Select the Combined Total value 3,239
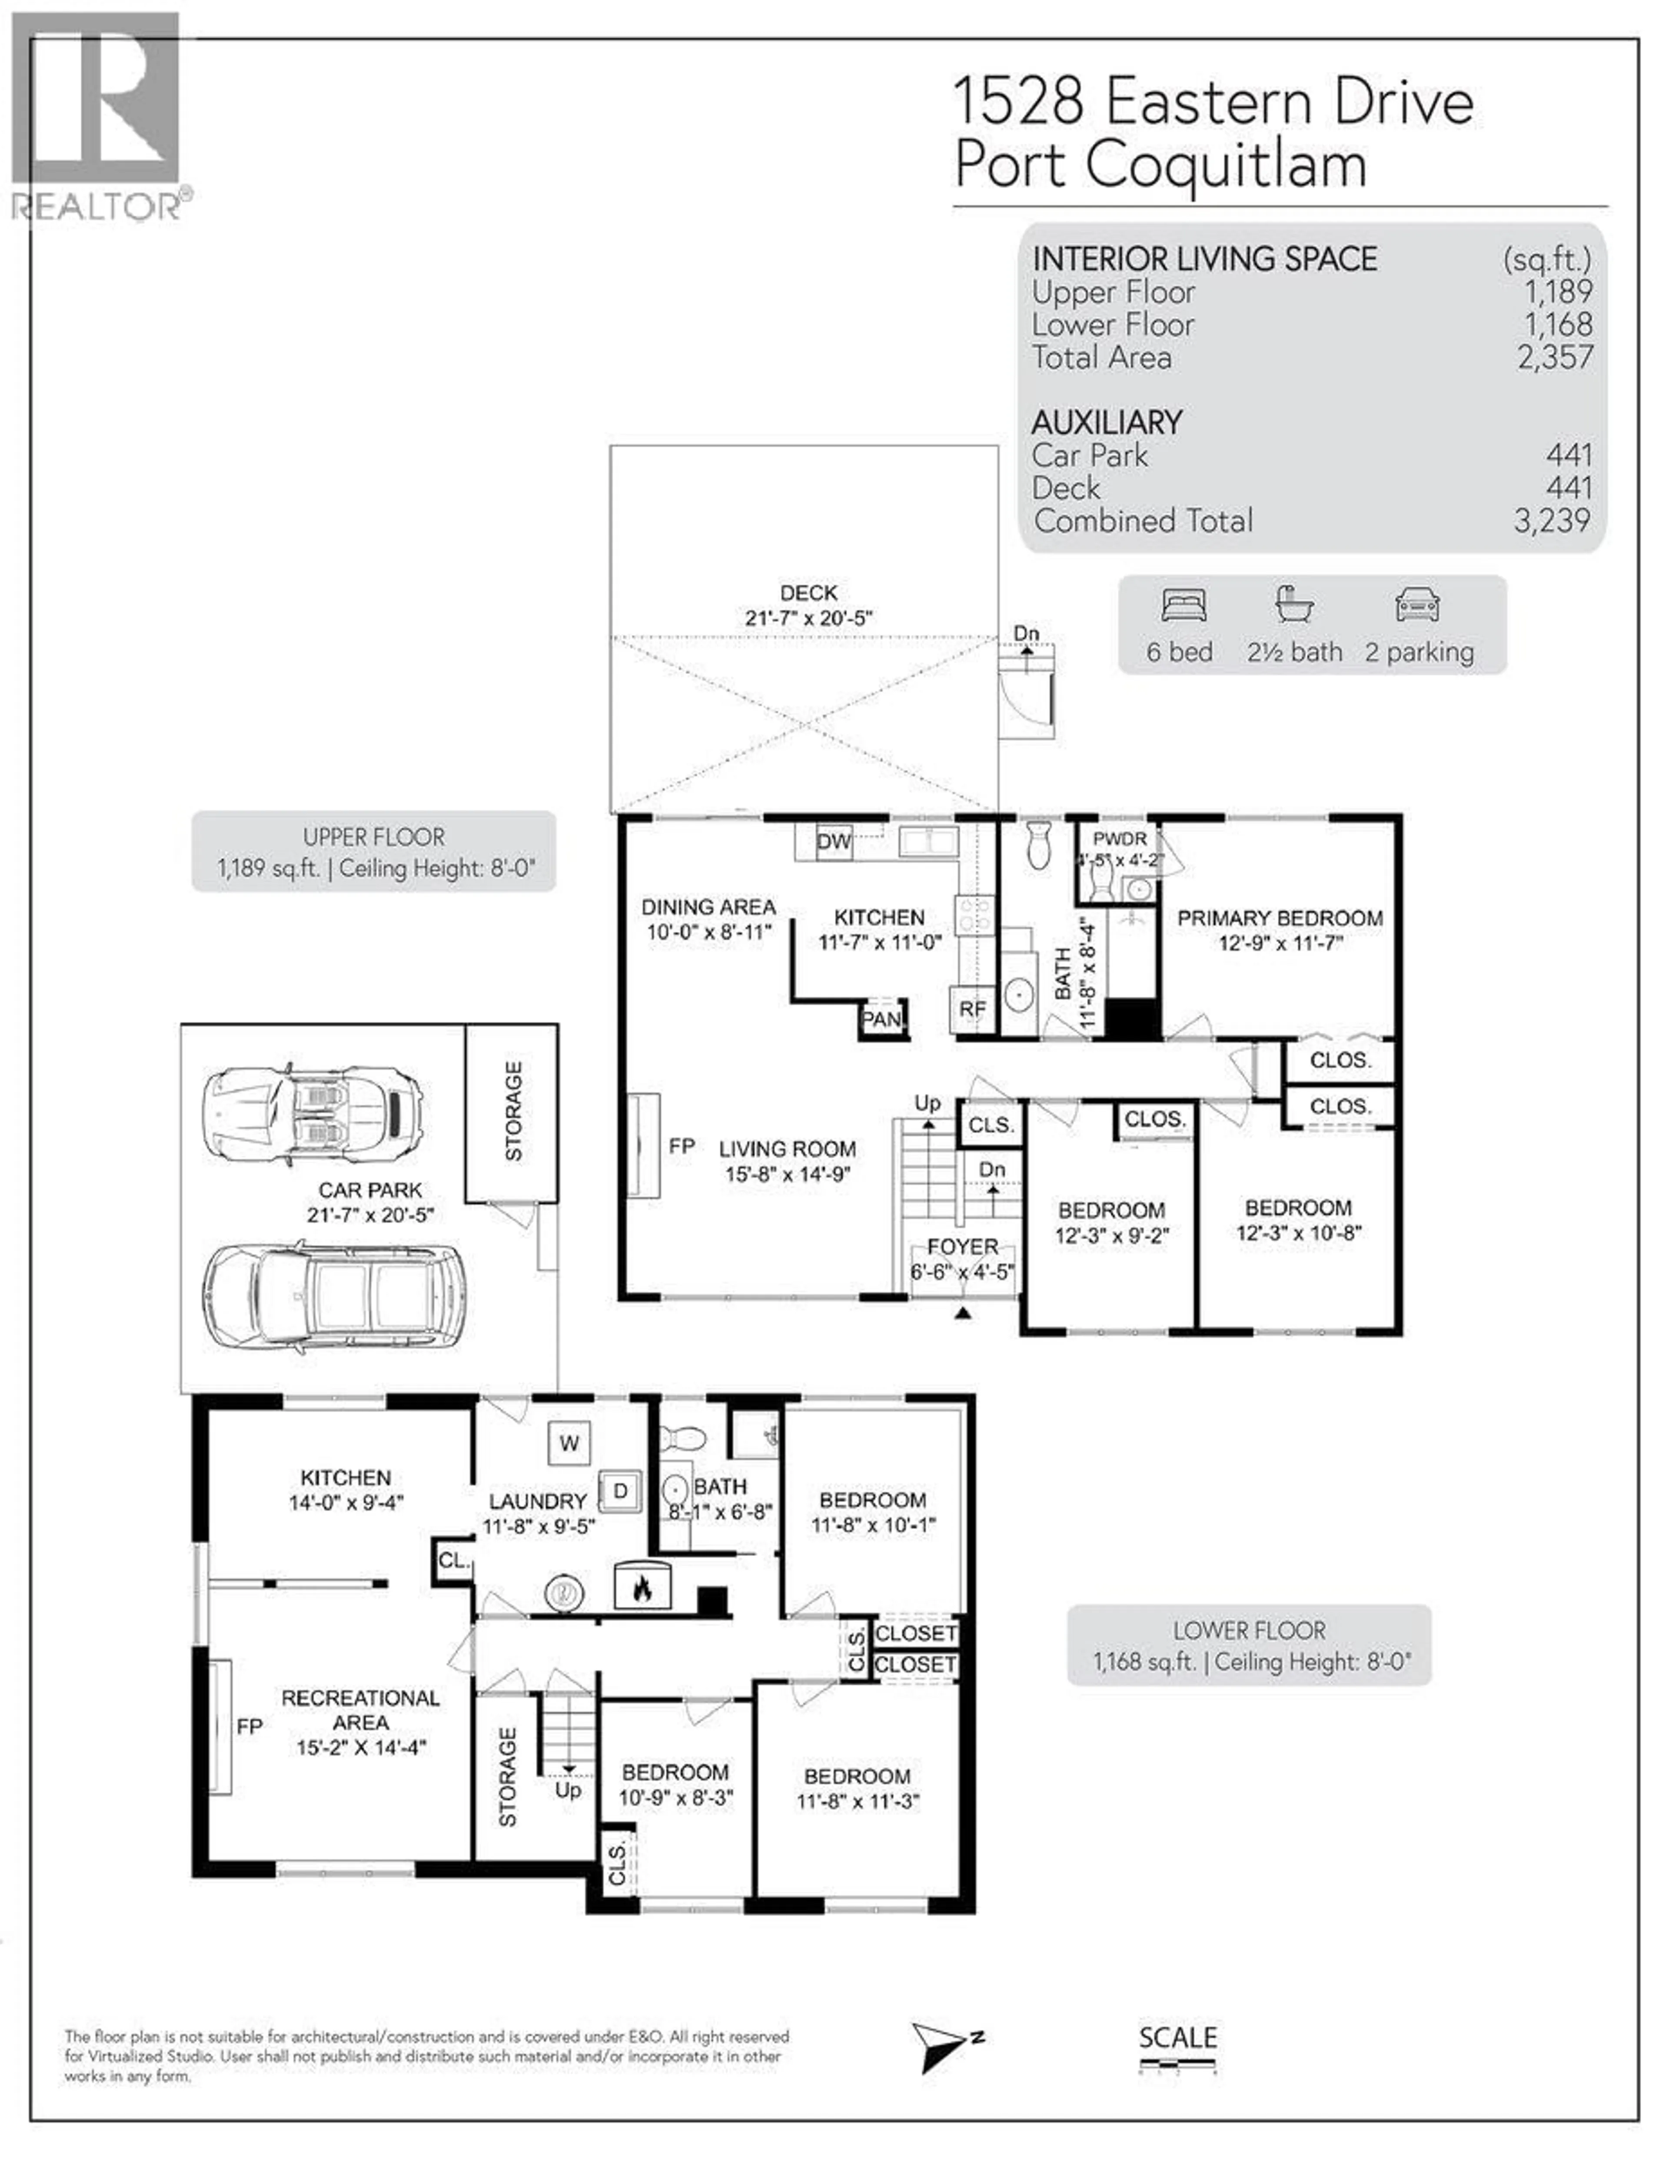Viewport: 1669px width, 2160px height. [x=1551, y=520]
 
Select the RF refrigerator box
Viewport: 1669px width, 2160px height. [x=971, y=1009]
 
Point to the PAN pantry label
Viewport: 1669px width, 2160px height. [x=881, y=1019]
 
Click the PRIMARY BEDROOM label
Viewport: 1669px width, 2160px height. [x=1279, y=918]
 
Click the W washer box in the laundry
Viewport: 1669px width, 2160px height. [x=569, y=1443]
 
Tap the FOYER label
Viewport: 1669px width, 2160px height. [x=961, y=1246]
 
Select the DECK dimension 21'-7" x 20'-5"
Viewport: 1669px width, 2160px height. [x=808, y=618]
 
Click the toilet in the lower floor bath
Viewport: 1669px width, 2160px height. [x=681, y=1437]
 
